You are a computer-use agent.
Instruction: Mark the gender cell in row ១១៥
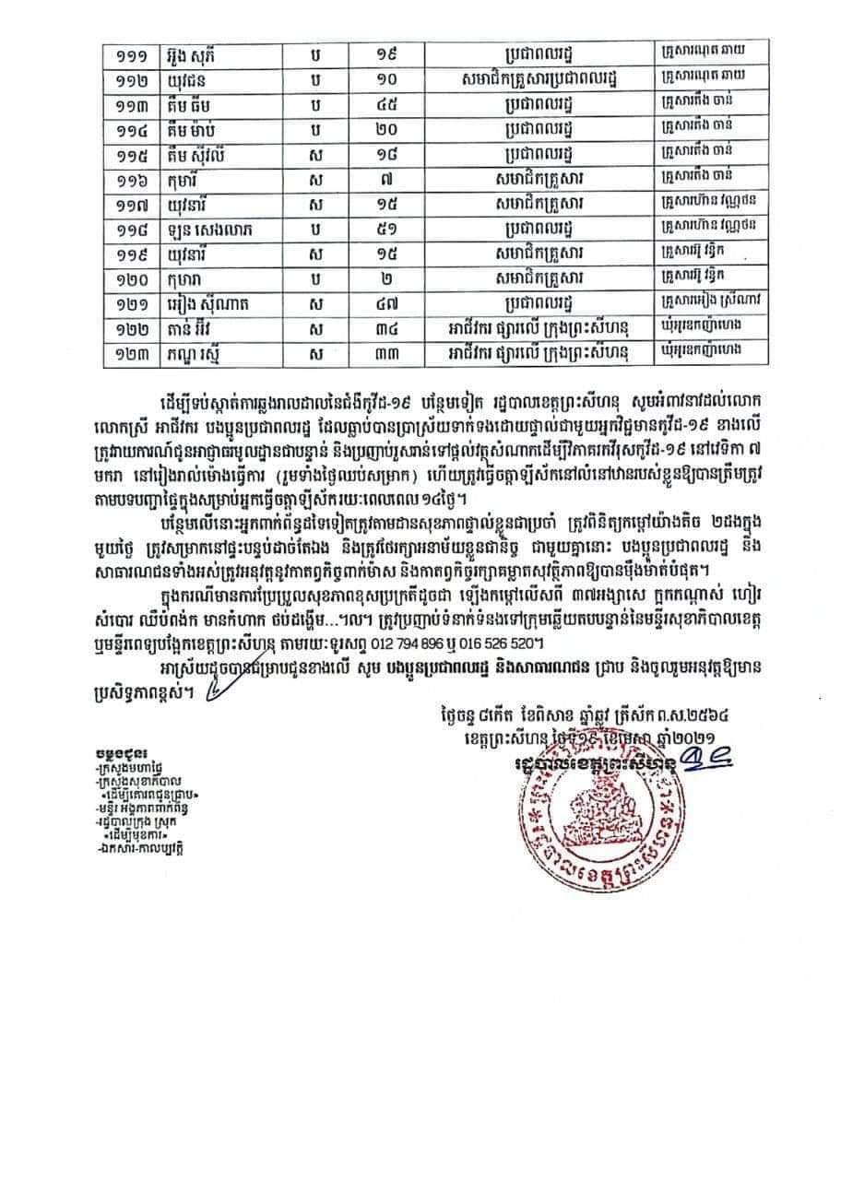(316, 151)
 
